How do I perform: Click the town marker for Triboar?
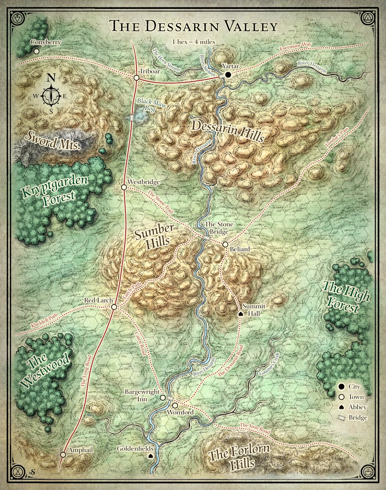coord(136,78)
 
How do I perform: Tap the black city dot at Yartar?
coord(228,75)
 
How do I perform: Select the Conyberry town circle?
coord(36,51)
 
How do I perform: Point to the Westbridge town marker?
coord(124,187)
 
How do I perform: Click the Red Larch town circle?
coord(114,307)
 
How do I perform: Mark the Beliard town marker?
coord(225,244)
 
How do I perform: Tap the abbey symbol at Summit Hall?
coord(241,314)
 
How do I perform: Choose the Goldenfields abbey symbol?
coord(151,456)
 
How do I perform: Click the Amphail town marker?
coord(63,454)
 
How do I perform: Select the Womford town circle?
coord(175,405)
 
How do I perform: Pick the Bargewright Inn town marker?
coord(162,398)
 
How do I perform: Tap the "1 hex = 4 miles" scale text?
coord(193,42)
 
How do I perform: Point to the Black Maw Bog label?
coord(150,105)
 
